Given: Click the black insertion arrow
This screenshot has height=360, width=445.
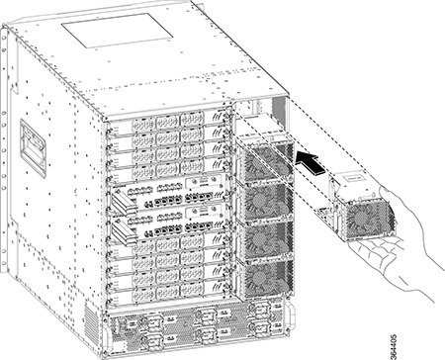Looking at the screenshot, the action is pyautogui.click(x=309, y=158).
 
